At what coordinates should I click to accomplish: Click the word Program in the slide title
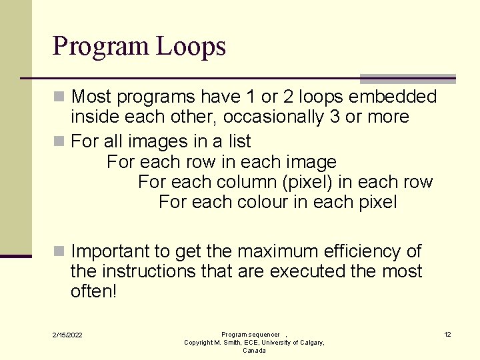101,47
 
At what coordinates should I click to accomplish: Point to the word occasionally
271,117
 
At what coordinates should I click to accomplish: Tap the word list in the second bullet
239,141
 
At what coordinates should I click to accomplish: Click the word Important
111,251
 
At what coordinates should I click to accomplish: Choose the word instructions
144,271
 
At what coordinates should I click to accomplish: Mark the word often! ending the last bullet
93,291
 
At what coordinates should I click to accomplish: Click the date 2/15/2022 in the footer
68,335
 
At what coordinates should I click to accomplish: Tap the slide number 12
447,334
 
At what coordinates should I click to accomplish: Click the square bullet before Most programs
59,97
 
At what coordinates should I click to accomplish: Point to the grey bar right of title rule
407,78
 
